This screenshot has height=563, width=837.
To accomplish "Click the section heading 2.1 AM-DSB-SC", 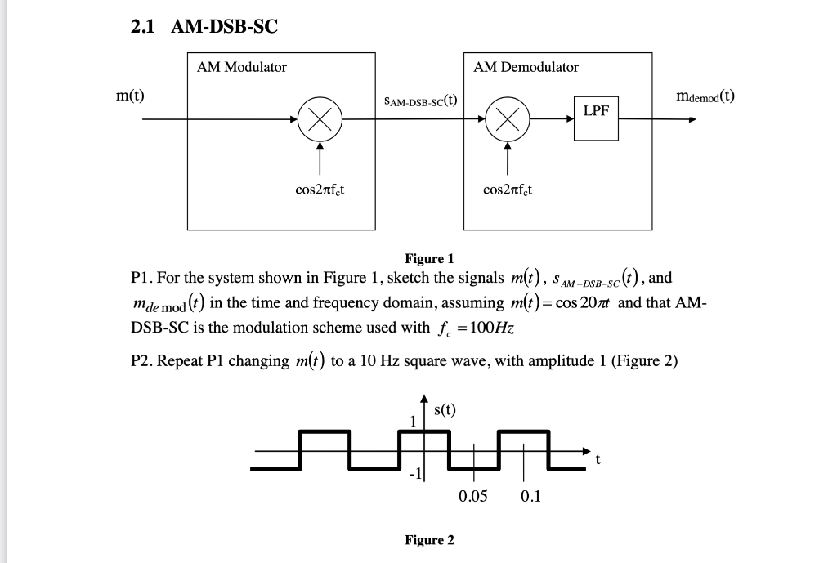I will [x=204, y=26].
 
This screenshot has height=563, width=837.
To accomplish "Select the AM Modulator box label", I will [x=242, y=67].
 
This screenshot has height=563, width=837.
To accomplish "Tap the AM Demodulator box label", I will [x=526, y=67].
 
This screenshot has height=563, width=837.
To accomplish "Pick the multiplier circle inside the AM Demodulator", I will [x=507, y=120].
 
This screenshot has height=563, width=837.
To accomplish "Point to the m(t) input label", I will [x=130, y=96].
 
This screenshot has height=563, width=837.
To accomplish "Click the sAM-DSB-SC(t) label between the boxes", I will [x=419, y=101].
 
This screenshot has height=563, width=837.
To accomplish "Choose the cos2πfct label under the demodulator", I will [x=508, y=190].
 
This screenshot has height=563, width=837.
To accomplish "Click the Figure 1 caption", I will [x=429, y=259].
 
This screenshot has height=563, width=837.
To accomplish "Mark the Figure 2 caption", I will [x=429, y=540].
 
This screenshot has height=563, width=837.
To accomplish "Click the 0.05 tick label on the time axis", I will [x=473, y=496].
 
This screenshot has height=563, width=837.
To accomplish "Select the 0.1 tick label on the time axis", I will [x=530, y=496].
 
